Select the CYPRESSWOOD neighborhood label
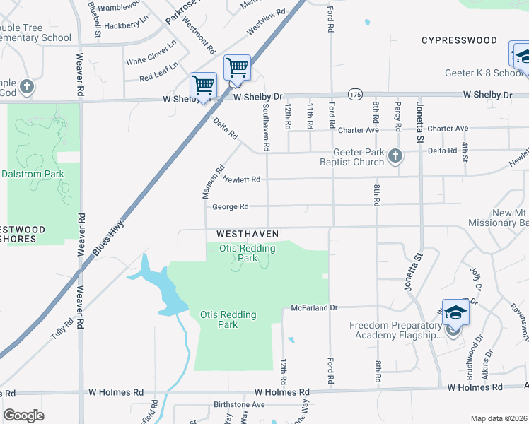click(x=460, y=40)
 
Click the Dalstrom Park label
click(x=33, y=174)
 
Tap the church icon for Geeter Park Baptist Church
click(x=395, y=156)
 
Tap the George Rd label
click(x=231, y=206)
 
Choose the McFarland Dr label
click(x=315, y=308)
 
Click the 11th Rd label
click(x=310, y=115)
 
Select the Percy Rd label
click(x=398, y=117)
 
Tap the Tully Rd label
click(x=62, y=331)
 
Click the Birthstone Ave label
click(x=239, y=405)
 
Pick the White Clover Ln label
click(x=151, y=57)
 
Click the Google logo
click(x=24, y=416)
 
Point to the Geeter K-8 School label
click(x=484, y=73)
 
